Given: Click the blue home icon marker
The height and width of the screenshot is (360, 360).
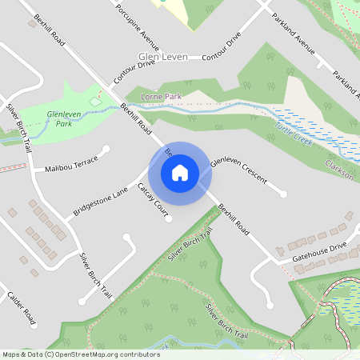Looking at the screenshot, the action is [x=180, y=173].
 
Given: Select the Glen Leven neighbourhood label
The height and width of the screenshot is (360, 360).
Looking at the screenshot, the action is [x=163, y=58].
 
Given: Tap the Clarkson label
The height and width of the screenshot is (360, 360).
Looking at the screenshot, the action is [x=339, y=169].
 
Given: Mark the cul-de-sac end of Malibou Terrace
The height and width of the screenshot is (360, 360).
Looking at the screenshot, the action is [x=106, y=149].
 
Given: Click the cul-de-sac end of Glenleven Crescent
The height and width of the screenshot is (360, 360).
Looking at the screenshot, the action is [x=282, y=194].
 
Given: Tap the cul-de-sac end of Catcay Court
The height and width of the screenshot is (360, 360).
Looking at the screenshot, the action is [x=169, y=218].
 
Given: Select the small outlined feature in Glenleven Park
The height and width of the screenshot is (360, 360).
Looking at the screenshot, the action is [x=96, y=101].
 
